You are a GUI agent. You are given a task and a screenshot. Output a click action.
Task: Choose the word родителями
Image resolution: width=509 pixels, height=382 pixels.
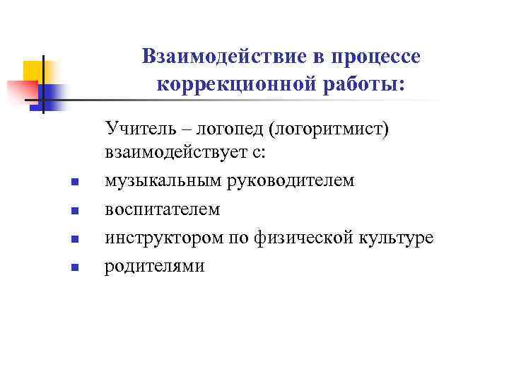(155, 266)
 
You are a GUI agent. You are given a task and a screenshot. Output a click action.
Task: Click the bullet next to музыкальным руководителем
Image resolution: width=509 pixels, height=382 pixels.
(74, 183)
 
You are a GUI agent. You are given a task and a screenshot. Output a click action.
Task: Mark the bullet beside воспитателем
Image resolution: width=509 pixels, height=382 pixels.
(74, 212)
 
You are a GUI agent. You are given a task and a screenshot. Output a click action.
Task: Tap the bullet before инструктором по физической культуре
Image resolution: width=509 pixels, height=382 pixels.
(74, 240)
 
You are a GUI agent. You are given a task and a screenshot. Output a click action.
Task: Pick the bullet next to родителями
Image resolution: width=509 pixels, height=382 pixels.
(74, 268)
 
